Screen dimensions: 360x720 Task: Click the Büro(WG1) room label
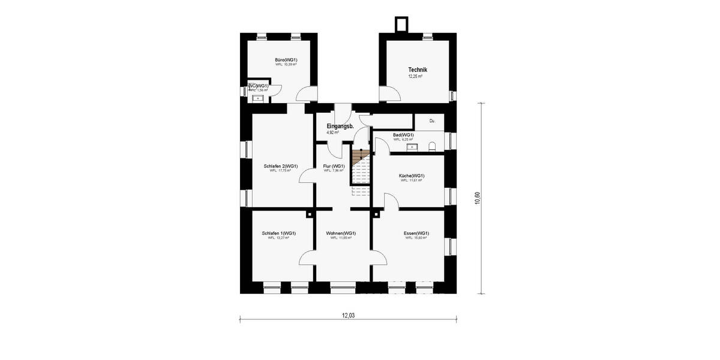[x=286, y=60]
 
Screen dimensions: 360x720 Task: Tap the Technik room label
[x=417, y=70]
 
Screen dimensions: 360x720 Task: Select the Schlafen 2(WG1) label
[x=281, y=166]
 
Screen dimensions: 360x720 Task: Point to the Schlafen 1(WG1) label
[x=278, y=233]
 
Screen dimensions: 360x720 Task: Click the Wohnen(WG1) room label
[x=341, y=233]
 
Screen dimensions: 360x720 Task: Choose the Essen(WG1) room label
[x=416, y=233]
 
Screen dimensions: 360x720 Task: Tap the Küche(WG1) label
[x=412, y=176]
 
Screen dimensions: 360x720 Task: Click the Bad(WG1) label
[x=403, y=135]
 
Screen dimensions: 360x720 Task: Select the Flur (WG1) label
[x=334, y=166]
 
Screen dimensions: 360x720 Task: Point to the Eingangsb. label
[x=340, y=126]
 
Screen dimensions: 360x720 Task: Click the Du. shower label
[x=432, y=121]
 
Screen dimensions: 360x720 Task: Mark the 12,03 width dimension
[x=348, y=315]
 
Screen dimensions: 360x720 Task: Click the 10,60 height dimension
[x=478, y=198]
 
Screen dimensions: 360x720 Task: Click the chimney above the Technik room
[x=400, y=25]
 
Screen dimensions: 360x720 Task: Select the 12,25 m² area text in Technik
[x=415, y=77]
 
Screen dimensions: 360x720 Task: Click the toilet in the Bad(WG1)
[x=432, y=146]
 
